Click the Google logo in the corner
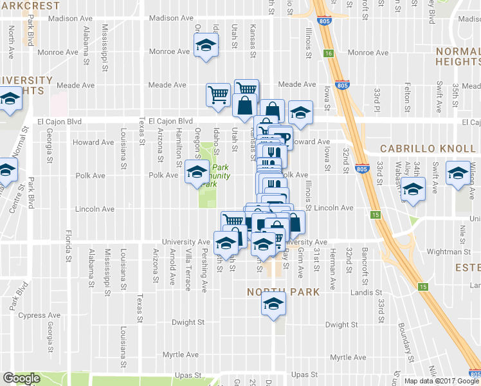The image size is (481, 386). (x=21, y=378)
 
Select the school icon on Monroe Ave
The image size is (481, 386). (x=206, y=46)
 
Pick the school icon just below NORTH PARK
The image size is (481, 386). (x=273, y=305)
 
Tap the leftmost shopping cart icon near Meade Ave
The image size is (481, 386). (x=217, y=95)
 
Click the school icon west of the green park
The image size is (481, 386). (x=197, y=172)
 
